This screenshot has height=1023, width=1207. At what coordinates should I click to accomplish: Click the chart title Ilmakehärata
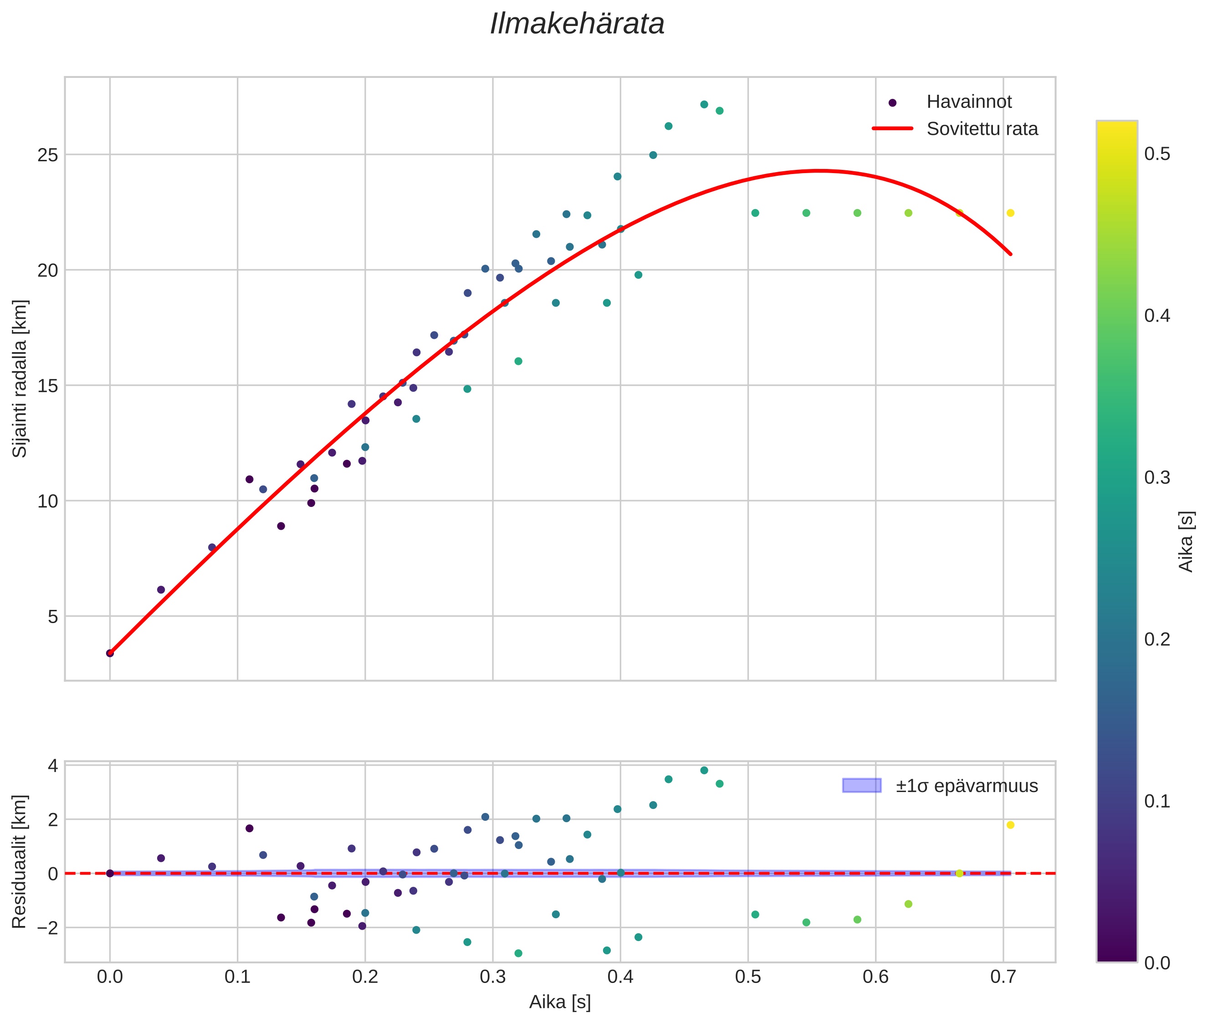(x=577, y=24)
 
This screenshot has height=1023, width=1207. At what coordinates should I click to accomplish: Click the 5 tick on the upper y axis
(x=53, y=616)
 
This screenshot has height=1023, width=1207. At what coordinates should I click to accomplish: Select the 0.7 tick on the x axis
(x=1003, y=977)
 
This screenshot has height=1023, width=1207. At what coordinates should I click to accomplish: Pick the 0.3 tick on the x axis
(x=492, y=977)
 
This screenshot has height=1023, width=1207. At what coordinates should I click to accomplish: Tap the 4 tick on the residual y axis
(x=53, y=766)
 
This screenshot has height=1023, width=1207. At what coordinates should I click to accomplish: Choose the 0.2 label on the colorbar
(x=1156, y=639)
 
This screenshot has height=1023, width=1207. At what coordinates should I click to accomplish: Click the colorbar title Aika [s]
(x=1186, y=542)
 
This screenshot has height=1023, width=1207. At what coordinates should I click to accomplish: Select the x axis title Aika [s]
(x=560, y=1002)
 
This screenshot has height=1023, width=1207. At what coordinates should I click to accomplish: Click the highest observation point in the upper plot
(x=704, y=104)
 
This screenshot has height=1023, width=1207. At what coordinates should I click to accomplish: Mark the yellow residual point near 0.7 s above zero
(x=1010, y=825)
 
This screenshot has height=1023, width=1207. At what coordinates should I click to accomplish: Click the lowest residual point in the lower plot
(x=518, y=953)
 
